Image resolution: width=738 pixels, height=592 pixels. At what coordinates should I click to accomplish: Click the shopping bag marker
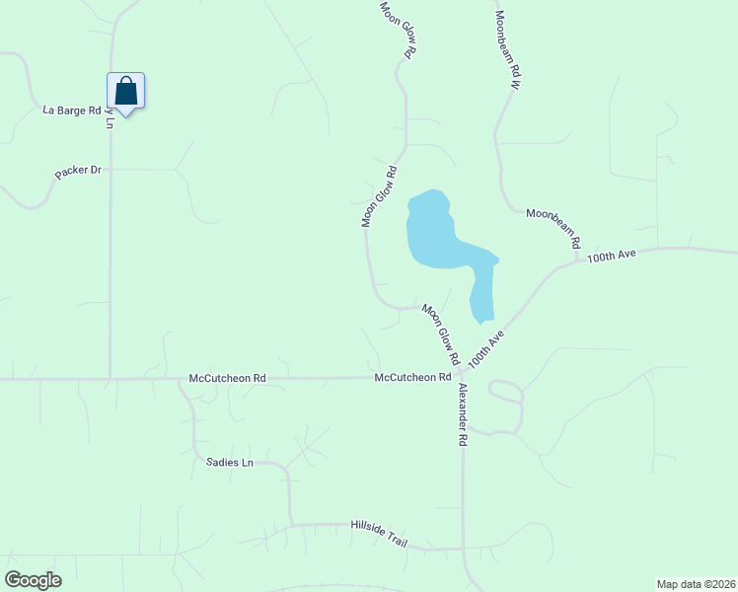[x=125, y=92]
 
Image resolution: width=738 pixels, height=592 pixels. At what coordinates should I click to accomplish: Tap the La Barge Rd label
[x=71, y=110]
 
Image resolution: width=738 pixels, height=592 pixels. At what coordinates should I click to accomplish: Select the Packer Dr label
[x=79, y=171]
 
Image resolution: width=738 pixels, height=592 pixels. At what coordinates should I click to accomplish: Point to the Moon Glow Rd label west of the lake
[x=379, y=197]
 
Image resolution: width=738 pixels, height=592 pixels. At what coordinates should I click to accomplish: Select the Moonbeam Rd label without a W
[x=553, y=228]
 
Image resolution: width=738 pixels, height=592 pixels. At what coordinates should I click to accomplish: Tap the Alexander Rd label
[x=462, y=415]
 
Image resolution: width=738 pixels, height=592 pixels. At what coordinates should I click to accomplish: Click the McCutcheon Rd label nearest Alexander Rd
[x=412, y=377]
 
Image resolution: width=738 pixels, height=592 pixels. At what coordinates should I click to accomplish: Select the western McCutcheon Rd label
[x=228, y=378]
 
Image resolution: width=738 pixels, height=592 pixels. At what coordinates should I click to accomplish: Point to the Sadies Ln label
[x=230, y=462]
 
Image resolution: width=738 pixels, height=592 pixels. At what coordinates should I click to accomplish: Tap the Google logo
[x=33, y=580]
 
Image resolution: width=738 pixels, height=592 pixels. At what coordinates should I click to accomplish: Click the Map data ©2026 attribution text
[x=696, y=584]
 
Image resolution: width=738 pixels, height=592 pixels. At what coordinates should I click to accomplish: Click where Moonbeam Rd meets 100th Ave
[x=578, y=262]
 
